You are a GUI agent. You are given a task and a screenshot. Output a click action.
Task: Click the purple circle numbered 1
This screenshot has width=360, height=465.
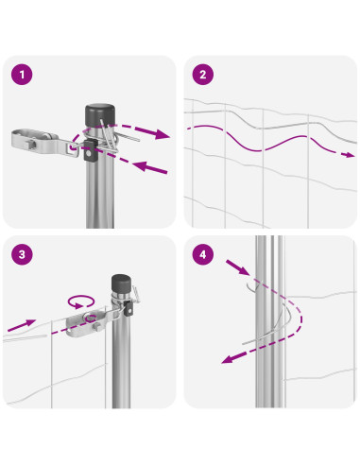coord(22,75)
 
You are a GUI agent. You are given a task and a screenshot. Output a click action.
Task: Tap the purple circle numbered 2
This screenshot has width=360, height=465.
coord(203,75)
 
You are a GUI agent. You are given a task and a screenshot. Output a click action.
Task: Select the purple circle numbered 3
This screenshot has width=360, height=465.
coord(22,254)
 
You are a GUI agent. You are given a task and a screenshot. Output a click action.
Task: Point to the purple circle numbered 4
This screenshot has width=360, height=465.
coord(203,254)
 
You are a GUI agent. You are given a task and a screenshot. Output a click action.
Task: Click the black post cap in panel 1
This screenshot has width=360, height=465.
coord(100,115)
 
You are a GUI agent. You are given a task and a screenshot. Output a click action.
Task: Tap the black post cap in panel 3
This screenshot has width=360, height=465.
coord(121,283)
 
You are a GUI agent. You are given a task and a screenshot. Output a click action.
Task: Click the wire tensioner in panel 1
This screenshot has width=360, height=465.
coord(44,143)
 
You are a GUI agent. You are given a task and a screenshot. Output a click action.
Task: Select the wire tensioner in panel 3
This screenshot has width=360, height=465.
coord(88,323)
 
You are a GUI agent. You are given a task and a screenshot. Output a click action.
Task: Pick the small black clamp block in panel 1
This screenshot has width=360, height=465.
coord(89,151)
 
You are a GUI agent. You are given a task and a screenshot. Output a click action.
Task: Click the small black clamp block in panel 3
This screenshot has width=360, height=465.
coord(129,308)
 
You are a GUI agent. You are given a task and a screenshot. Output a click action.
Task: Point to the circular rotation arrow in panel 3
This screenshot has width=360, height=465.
coord(81,301)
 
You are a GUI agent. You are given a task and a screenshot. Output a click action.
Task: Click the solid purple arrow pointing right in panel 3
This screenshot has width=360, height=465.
coord(22,325)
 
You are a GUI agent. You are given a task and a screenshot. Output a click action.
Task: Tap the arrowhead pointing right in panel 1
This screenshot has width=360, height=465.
coord(161,134)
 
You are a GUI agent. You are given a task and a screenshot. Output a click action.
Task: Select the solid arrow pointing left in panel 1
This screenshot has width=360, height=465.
coord(149,167)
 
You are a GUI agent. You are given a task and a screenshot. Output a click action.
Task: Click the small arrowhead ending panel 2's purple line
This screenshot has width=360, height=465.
coord(350,154)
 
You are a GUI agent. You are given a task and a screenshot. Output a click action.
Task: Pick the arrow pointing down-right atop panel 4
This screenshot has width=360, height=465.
coord(238,267)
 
